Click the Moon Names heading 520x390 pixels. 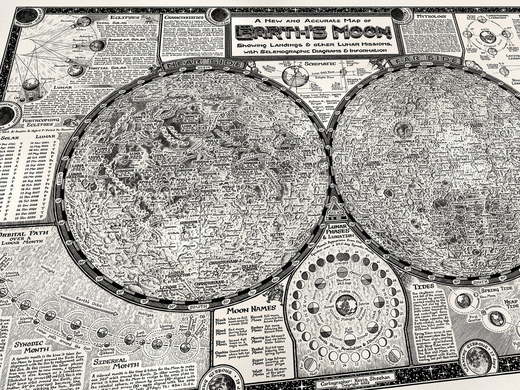[x=246, y=308]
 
